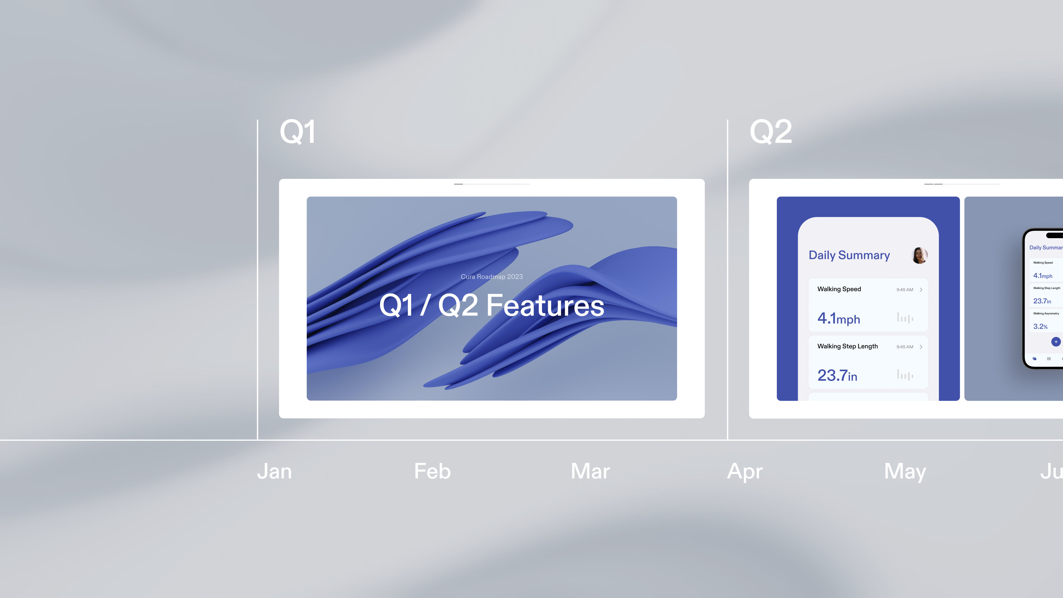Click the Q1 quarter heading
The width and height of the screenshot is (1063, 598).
tap(298, 132)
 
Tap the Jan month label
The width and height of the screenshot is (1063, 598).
tap(274, 471)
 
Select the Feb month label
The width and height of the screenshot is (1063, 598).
tap(432, 471)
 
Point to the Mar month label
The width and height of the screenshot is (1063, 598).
tap(590, 471)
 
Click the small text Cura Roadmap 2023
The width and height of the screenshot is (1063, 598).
tap(491, 277)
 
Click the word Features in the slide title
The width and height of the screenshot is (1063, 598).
tap(545, 305)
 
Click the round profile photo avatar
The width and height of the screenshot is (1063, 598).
tap(919, 256)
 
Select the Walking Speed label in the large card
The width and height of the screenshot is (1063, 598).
tap(839, 289)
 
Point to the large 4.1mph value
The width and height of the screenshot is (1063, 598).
tap(838, 318)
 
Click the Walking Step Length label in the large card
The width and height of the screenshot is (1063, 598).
tap(847, 346)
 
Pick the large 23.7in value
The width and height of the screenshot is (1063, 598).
tap(837, 375)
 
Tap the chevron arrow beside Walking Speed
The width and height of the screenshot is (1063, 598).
tap(921, 290)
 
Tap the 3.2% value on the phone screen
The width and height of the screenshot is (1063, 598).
tap(1040, 326)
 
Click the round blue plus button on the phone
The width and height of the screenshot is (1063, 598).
tap(1056, 342)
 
